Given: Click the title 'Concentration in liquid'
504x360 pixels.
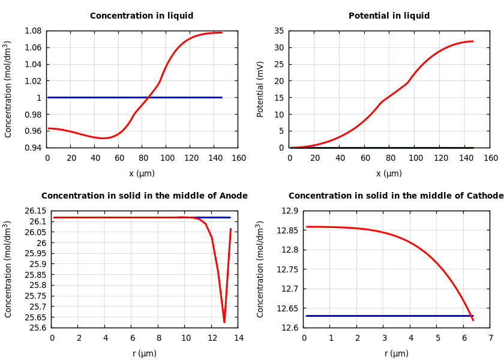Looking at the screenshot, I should [142, 16].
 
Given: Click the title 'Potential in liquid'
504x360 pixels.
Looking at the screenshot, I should [389, 16].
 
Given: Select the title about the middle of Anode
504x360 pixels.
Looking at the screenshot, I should [144, 196].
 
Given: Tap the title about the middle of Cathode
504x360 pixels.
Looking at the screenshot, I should [396, 196].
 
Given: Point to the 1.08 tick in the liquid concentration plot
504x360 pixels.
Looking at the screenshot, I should [34, 31].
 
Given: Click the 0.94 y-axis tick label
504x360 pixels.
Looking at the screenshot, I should [34, 148].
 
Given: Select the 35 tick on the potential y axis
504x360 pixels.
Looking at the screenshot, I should [278, 31].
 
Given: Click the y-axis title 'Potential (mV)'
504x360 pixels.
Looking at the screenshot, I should [260, 89].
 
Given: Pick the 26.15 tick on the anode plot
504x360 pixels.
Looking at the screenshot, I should [36, 211].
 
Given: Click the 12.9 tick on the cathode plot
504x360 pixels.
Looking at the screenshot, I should [290, 211].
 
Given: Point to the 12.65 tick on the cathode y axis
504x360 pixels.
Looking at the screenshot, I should [288, 308].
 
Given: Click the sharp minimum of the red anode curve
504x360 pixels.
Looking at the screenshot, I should [224, 322].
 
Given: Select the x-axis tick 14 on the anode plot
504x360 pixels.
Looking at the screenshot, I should [239, 338].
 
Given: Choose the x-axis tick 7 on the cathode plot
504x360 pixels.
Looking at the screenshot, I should [490, 338].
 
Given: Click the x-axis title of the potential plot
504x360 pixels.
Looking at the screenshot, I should [389, 174].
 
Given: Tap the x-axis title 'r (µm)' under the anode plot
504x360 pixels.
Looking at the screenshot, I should [145, 354].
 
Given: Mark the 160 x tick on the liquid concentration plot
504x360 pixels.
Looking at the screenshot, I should [239, 158].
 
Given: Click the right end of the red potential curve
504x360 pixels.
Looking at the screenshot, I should [473, 41].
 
